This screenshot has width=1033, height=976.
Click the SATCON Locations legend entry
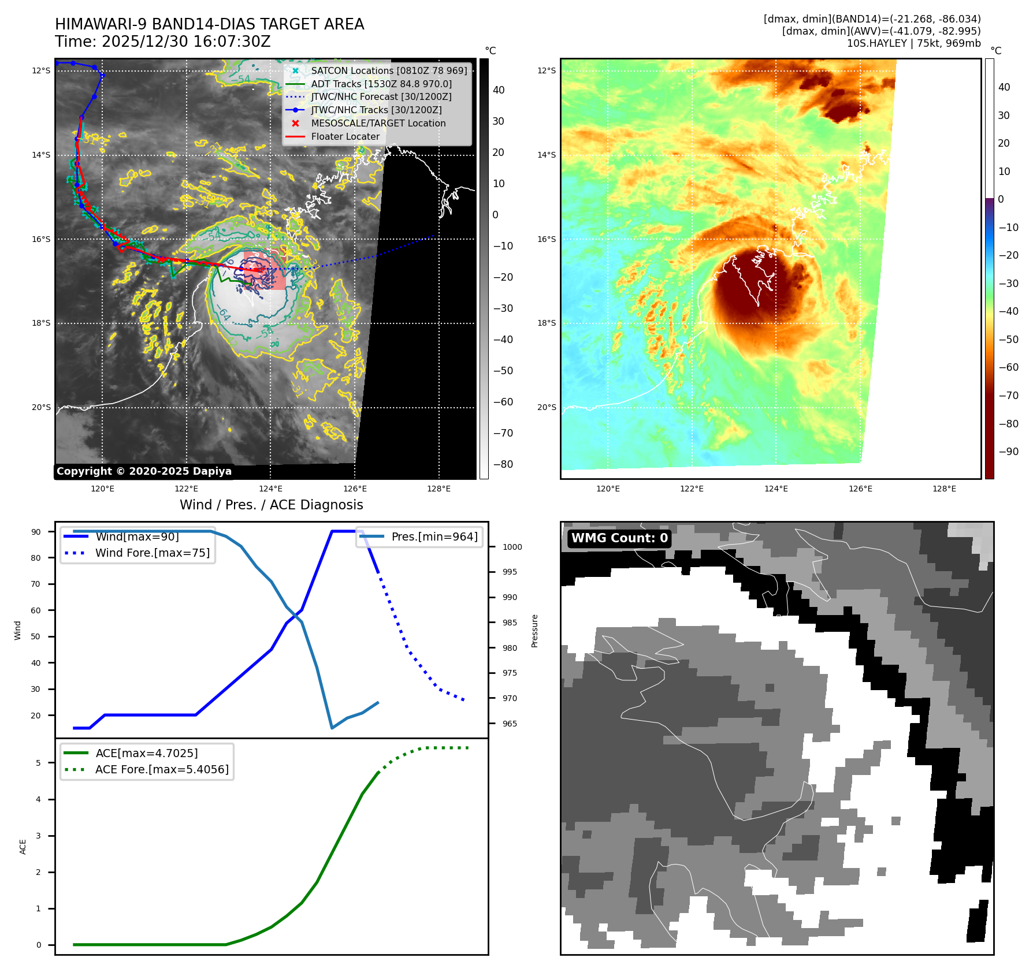(x=388, y=70)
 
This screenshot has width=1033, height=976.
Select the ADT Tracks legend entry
(x=381, y=84)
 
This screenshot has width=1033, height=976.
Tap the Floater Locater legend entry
(x=345, y=136)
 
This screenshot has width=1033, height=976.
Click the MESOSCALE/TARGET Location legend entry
(x=378, y=123)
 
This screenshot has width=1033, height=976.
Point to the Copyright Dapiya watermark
(x=144, y=471)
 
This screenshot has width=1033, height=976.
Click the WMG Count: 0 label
(x=619, y=538)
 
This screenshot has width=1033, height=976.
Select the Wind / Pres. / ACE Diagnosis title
(x=271, y=505)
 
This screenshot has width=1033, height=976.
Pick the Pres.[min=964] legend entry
(x=434, y=537)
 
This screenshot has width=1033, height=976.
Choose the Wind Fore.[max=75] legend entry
(x=152, y=553)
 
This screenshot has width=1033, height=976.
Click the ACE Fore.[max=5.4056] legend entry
(x=162, y=769)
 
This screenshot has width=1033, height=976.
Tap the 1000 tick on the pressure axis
(x=512, y=547)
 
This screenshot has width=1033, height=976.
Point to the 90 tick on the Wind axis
(x=36, y=532)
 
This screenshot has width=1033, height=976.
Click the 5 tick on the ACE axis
(x=39, y=763)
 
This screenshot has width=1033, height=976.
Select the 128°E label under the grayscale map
(x=439, y=489)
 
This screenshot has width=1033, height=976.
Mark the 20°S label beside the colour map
(x=547, y=407)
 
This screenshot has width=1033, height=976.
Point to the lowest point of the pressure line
(x=332, y=728)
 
